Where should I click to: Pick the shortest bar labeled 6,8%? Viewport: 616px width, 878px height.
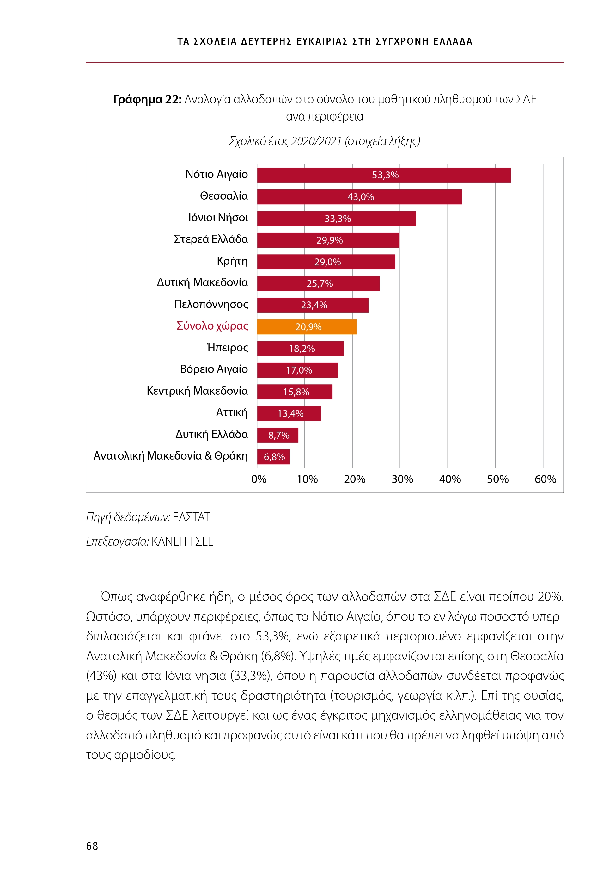pyautogui.click(x=273, y=457)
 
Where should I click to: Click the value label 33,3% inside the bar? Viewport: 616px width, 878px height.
pyautogui.click(x=338, y=219)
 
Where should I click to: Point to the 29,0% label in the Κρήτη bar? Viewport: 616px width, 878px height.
pyautogui.click(x=327, y=262)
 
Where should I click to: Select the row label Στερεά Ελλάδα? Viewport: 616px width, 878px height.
pyautogui.click(x=210, y=239)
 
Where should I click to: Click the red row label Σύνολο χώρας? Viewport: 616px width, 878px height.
pyautogui.click(x=212, y=326)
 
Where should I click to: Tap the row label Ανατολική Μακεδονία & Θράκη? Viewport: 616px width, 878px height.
pyautogui.click(x=170, y=456)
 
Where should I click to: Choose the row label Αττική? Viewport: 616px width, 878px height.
pyautogui.click(x=232, y=413)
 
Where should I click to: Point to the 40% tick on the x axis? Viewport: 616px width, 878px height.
pyautogui.click(x=450, y=479)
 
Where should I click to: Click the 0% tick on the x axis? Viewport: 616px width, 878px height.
pyautogui.click(x=259, y=479)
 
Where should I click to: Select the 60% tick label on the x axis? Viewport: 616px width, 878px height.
pyautogui.click(x=545, y=479)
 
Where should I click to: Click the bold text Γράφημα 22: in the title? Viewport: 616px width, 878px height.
pyautogui.click(x=147, y=99)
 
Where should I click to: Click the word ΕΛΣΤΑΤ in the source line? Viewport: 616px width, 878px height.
pyautogui.click(x=191, y=517)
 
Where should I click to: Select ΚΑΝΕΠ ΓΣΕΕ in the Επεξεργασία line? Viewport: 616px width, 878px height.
pyautogui.click(x=182, y=541)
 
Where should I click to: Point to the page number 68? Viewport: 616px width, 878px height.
pyautogui.click(x=92, y=846)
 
